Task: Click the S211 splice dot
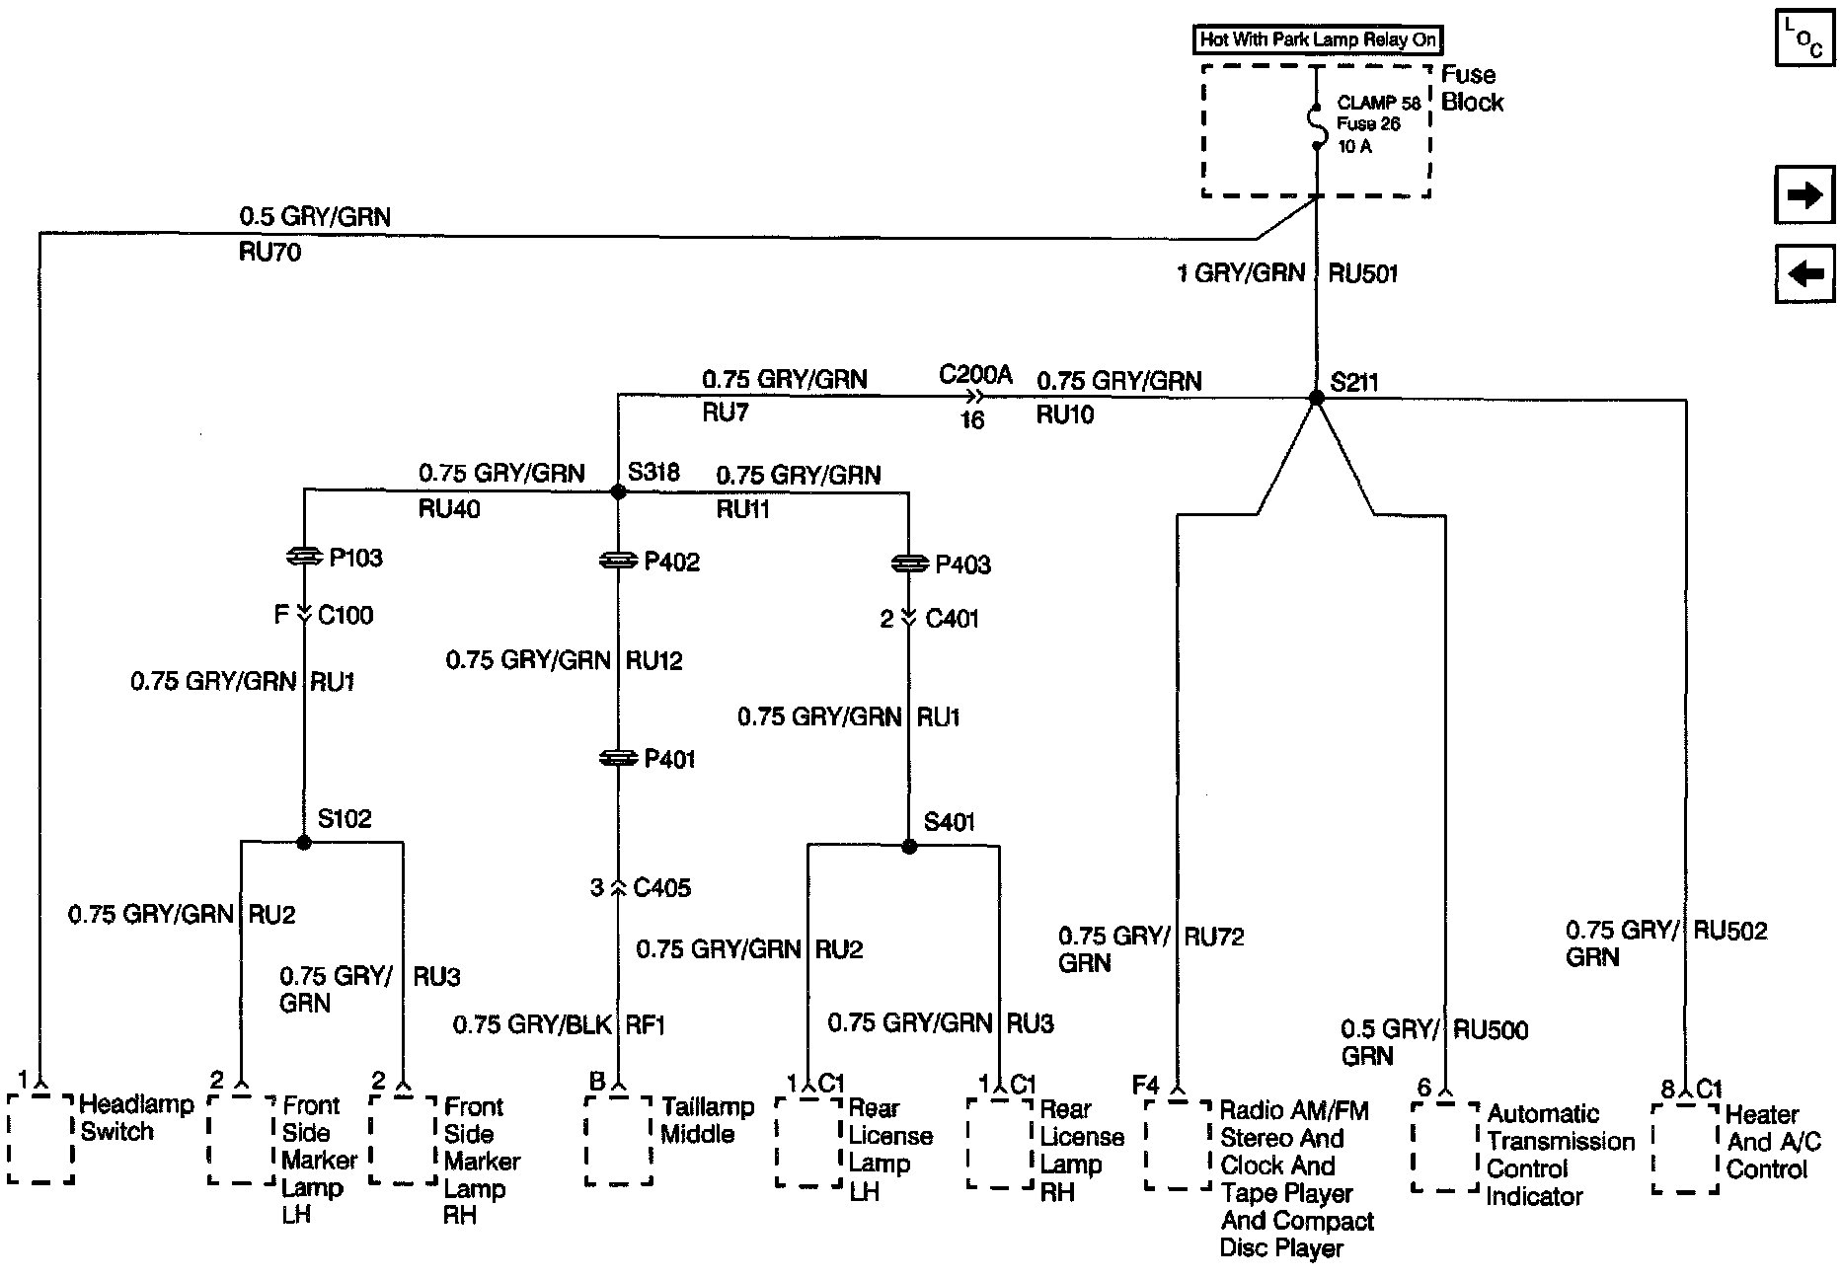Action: click(x=1316, y=398)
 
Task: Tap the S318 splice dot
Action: click(x=618, y=491)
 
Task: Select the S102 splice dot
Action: click(x=304, y=842)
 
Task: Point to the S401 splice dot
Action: click(x=909, y=846)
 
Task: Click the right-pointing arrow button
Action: click(x=1804, y=196)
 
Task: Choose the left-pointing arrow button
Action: click(x=1804, y=273)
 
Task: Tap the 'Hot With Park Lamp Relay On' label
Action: click(x=1317, y=40)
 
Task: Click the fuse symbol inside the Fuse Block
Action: click(x=1316, y=124)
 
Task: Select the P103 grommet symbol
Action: click(x=304, y=558)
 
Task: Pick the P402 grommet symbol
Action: click(x=618, y=561)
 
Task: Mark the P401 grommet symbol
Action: click(x=618, y=758)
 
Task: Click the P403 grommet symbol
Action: click(x=909, y=564)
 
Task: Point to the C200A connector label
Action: click(x=975, y=375)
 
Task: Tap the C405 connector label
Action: click(x=661, y=888)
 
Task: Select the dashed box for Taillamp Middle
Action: click(x=618, y=1140)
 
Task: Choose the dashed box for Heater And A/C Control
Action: click(x=1685, y=1148)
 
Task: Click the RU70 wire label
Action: click(x=269, y=253)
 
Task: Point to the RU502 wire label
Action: click(x=1730, y=931)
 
